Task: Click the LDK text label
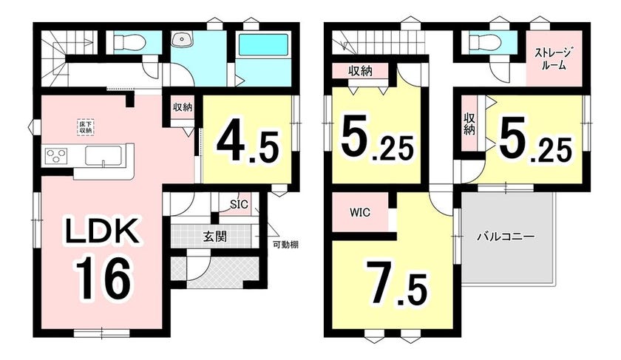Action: coord(102,231)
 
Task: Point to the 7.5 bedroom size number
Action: coord(396,284)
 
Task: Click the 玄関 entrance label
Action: coord(215,237)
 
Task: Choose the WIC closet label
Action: coord(360,213)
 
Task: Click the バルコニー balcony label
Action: coord(506,237)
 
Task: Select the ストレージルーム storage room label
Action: coord(554,58)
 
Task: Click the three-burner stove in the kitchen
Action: coord(56,154)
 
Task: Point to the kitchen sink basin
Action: coord(104,154)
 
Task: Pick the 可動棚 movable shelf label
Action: coord(285,245)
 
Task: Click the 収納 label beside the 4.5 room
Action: coord(182,107)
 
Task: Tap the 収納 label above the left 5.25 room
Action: coord(360,71)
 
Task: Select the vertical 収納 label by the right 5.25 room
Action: coord(469,124)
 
